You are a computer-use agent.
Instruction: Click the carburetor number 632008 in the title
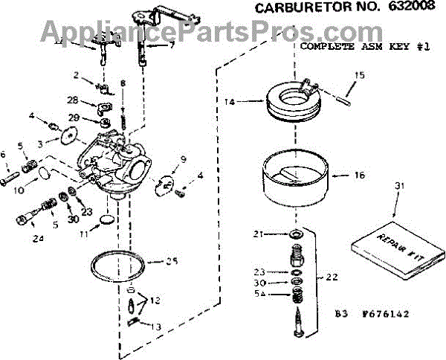pyautogui.click(x=406, y=9)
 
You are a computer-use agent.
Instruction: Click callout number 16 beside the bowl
pyautogui.click(x=360, y=176)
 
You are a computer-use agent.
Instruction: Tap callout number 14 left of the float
pyautogui.click(x=230, y=100)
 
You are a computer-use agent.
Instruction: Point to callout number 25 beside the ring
pyautogui.click(x=172, y=260)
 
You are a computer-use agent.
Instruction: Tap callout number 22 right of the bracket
pyautogui.click(x=332, y=277)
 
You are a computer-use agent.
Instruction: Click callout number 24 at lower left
pyautogui.click(x=39, y=238)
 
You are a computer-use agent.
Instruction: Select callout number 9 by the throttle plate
pyautogui.click(x=184, y=158)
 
